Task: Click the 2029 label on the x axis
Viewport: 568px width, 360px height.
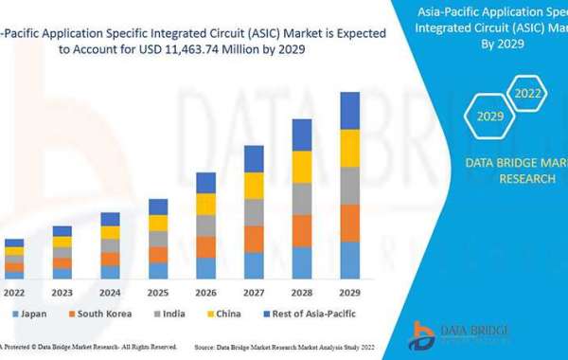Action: [349, 293]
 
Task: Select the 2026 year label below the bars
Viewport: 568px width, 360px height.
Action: [205, 293]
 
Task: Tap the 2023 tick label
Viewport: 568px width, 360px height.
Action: [62, 293]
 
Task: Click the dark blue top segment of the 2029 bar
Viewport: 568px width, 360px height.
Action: [349, 110]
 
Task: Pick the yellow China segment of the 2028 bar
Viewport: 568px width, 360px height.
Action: [302, 167]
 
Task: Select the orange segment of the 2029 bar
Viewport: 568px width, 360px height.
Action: [349, 223]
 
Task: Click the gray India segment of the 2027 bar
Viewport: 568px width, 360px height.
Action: [254, 213]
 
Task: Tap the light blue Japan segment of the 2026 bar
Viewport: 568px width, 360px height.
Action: [205, 268]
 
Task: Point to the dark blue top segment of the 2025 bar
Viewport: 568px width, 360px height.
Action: [158, 207]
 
